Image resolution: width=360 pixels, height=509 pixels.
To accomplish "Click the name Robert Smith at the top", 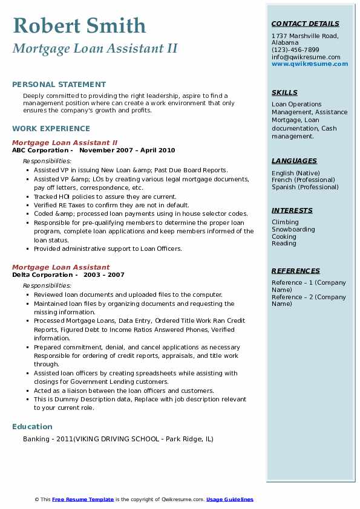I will point(79,25).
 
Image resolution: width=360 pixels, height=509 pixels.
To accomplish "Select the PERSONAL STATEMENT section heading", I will point(59,85).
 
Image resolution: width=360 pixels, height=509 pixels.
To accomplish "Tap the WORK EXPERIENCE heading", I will point(51,128).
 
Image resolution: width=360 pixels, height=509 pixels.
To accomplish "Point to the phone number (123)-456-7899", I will point(295,50).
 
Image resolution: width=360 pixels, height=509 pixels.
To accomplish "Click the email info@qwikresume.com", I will point(306,57).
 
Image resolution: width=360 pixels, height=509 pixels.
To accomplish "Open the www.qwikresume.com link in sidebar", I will point(310,63).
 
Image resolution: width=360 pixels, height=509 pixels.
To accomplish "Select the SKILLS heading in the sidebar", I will point(284,92).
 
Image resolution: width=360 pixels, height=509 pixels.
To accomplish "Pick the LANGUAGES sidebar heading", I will point(294,161).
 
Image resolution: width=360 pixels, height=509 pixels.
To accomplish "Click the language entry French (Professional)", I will point(303,180).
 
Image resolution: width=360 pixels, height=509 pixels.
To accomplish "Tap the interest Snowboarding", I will point(293,229).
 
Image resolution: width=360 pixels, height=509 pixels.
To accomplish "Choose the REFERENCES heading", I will point(295,271).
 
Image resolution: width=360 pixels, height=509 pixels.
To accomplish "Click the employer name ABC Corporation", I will point(40,150).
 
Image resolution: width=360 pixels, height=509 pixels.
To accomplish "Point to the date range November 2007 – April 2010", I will point(127,150).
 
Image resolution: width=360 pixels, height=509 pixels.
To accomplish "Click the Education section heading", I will point(32,426).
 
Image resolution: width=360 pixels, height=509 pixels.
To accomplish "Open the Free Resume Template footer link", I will point(83,499).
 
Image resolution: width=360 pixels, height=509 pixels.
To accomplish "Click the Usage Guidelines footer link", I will point(229,499).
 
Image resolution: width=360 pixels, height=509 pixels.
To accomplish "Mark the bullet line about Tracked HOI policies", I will point(105,196).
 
